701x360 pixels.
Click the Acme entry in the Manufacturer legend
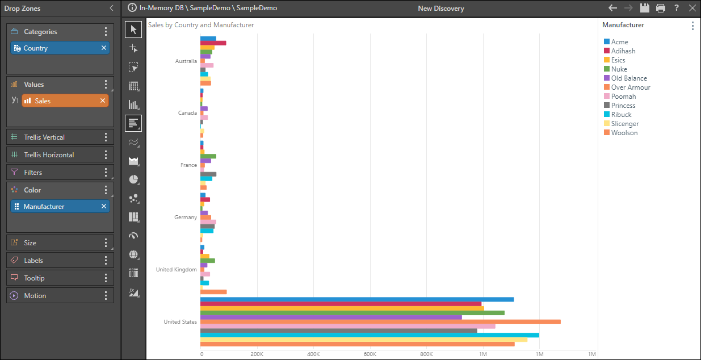[x=619, y=42]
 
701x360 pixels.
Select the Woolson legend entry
[x=624, y=133]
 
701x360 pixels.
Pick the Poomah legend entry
[x=623, y=97]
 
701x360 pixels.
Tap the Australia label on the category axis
[x=186, y=61]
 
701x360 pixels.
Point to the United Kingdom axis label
[x=176, y=270]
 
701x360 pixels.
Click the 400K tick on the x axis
[x=313, y=354]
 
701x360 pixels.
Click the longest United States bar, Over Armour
[x=380, y=322]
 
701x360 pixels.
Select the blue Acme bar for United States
[x=357, y=299]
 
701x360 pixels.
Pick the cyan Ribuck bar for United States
[x=370, y=335]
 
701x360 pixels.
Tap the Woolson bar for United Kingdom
[x=213, y=292]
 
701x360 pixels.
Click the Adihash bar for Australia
[x=213, y=43]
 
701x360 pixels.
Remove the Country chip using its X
[x=104, y=48]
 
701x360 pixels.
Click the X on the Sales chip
[x=103, y=101]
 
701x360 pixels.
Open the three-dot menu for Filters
[x=106, y=173]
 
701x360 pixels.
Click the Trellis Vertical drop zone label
[x=44, y=137]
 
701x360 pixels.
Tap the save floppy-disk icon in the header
[x=644, y=8]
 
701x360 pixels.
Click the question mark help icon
[x=676, y=8]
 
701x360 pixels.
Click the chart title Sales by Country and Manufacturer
[x=201, y=25]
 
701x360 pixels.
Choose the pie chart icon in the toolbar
[x=133, y=179]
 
